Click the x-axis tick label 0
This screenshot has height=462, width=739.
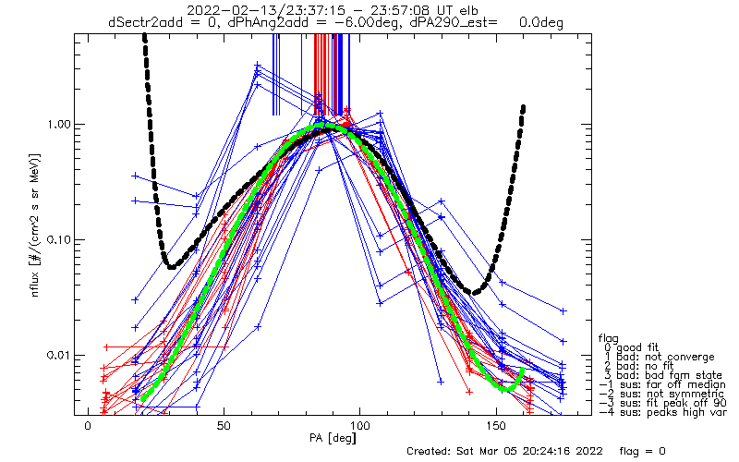pyautogui.click(x=88, y=426)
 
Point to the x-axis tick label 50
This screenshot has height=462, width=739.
pyautogui.click(x=224, y=426)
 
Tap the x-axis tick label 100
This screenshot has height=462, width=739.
pyautogui.click(x=359, y=426)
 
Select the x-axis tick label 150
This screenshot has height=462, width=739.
pyautogui.click(x=496, y=426)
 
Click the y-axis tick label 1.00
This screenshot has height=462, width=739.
pyautogui.click(x=59, y=125)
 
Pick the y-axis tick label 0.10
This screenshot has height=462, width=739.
pyautogui.click(x=59, y=240)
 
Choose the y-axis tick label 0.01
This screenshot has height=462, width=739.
pyautogui.click(x=59, y=355)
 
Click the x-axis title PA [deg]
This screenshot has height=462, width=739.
pyautogui.click(x=333, y=438)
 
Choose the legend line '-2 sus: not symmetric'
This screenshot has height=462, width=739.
pyautogui.click(x=661, y=394)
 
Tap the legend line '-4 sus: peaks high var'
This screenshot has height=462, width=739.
pyautogui.click(x=662, y=412)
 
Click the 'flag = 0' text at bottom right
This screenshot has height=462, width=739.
pyautogui.click(x=642, y=451)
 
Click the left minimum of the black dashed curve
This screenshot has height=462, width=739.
pyautogui.click(x=171, y=267)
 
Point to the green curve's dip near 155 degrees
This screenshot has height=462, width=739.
pyautogui.click(x=505, y=389)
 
